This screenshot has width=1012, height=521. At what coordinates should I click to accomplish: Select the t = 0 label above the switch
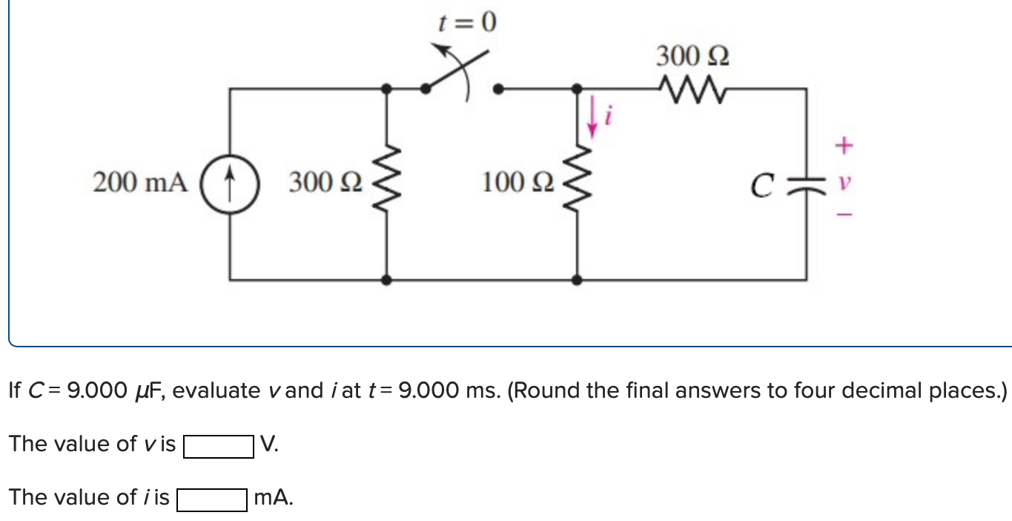click(466, 24)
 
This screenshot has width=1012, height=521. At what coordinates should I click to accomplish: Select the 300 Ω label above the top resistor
click(692, 56)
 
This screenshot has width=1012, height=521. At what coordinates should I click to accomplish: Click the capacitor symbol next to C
click(806, 182)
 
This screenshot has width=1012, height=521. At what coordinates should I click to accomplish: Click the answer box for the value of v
click(219, 446)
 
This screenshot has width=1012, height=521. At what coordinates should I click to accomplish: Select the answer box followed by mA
click(211, 499)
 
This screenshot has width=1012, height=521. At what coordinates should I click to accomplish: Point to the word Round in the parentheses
click(546, 390)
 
